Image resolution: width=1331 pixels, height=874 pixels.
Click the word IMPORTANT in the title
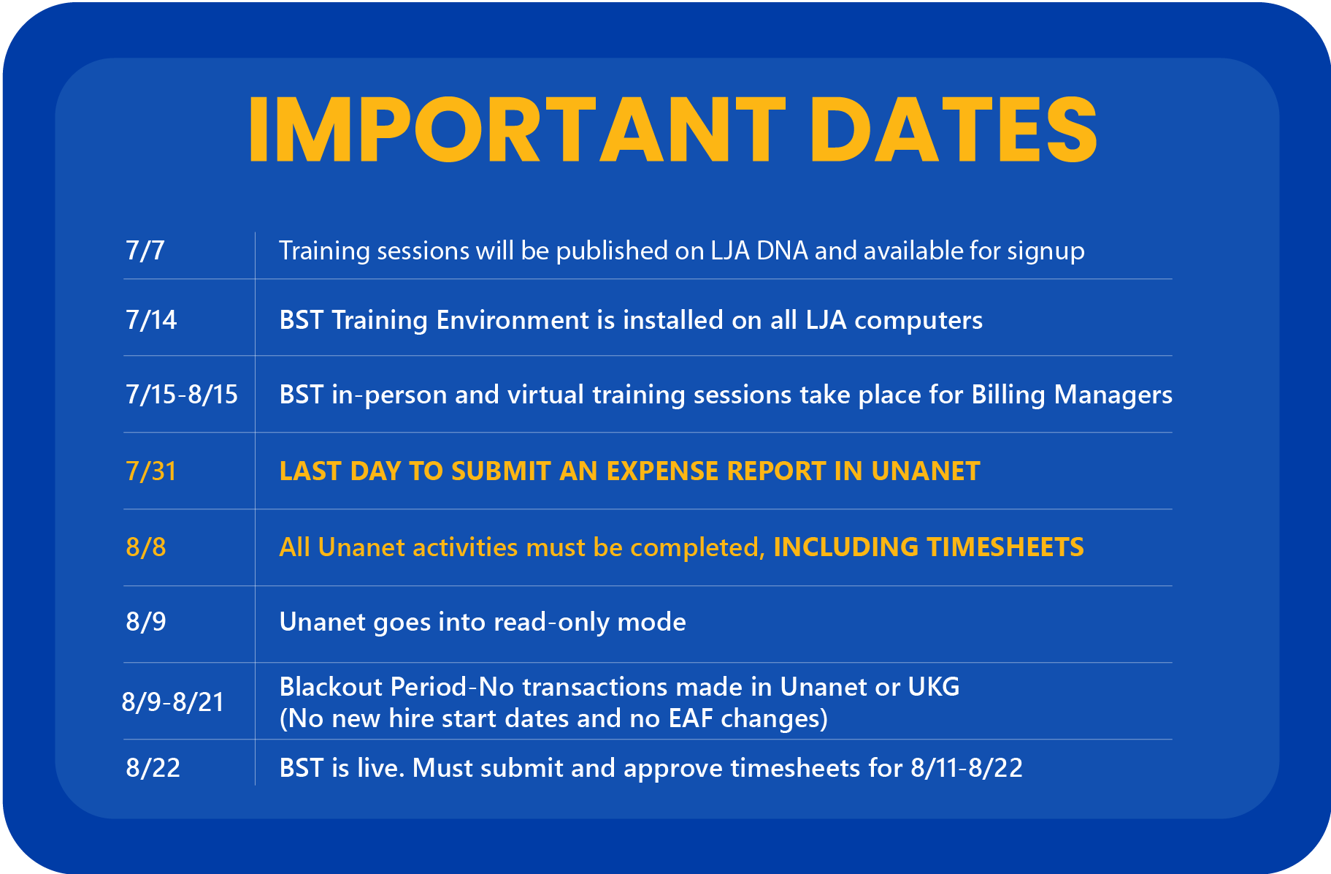tap(515, 130)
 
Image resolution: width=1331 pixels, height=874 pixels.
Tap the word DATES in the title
tap(953, 130)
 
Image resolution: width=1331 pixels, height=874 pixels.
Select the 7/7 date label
tap(145, 251)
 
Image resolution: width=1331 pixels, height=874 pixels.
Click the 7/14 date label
tap(151, 320)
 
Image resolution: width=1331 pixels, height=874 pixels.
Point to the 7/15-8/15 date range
tap(182, 395)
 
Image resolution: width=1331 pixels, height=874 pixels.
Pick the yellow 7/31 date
tap(151, 471)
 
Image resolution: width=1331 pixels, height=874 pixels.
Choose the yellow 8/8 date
tap(146, 547)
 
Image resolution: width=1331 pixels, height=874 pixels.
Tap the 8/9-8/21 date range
tap(173, 702)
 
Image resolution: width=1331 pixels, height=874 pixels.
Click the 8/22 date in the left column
tap(153, 768)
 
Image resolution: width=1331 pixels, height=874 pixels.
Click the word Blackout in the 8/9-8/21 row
tap(331, 687)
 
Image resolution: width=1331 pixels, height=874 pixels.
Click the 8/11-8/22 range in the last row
tap(966, 768)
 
